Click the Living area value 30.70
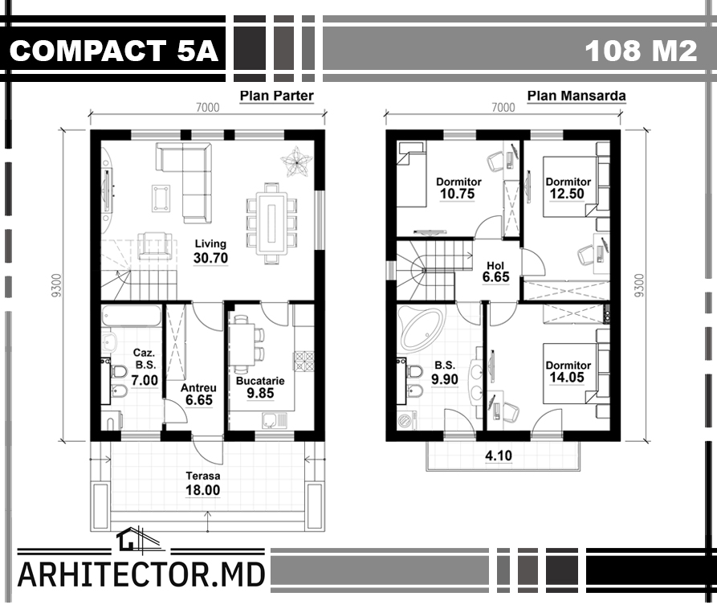[210, 258]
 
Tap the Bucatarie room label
[260, 381]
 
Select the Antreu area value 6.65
[199, 400]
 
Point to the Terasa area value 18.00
[202, 490]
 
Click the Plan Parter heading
[277, 96]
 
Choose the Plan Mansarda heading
[576, 96]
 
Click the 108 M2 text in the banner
[641, 50]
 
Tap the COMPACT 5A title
[113, 50]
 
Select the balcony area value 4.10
[499, 456]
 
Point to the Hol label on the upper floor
[495, 265]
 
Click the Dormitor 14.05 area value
[567, 378]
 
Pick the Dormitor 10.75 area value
[458, 194]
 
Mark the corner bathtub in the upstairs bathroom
[422, 327]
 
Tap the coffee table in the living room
[161, 198]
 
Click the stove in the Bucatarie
[304, 362]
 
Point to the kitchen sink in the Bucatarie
[274, 420]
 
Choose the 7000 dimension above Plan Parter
[208, 107]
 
